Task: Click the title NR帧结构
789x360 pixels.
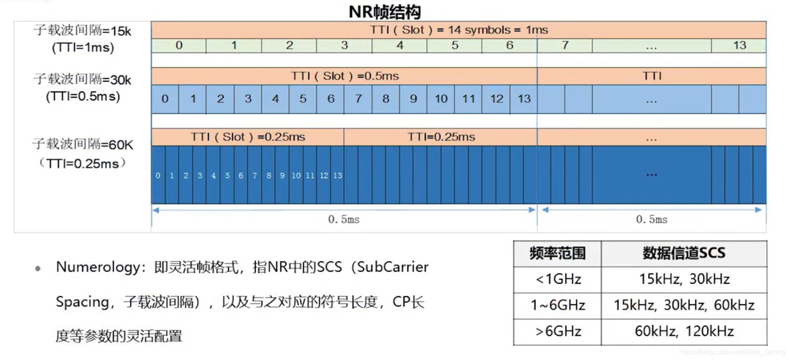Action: (385, 12)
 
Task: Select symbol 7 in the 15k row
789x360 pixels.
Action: (565, 46)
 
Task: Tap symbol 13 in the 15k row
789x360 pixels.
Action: (739, 46)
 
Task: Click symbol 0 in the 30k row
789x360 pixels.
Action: (165, 99)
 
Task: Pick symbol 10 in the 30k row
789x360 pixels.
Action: (441, 99)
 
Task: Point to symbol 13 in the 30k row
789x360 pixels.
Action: (524, 99)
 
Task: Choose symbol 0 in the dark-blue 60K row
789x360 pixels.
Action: (158, 175)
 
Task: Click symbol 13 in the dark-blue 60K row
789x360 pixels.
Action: (337, 175)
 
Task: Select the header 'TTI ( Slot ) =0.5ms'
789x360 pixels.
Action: (345, 76)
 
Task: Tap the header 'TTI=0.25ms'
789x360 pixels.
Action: (441, 137)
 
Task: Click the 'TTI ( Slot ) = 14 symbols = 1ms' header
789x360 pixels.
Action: (459, 30)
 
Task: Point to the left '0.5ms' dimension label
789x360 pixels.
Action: (344, 219)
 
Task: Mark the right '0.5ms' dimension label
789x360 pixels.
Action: (652, 219)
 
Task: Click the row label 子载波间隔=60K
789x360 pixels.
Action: (83, 144)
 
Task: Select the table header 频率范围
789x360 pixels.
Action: (557, 253)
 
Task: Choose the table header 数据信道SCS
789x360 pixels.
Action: (684, 253)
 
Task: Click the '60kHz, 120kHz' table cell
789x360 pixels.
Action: (684, 331)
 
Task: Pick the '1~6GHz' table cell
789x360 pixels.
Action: (558, 305)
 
